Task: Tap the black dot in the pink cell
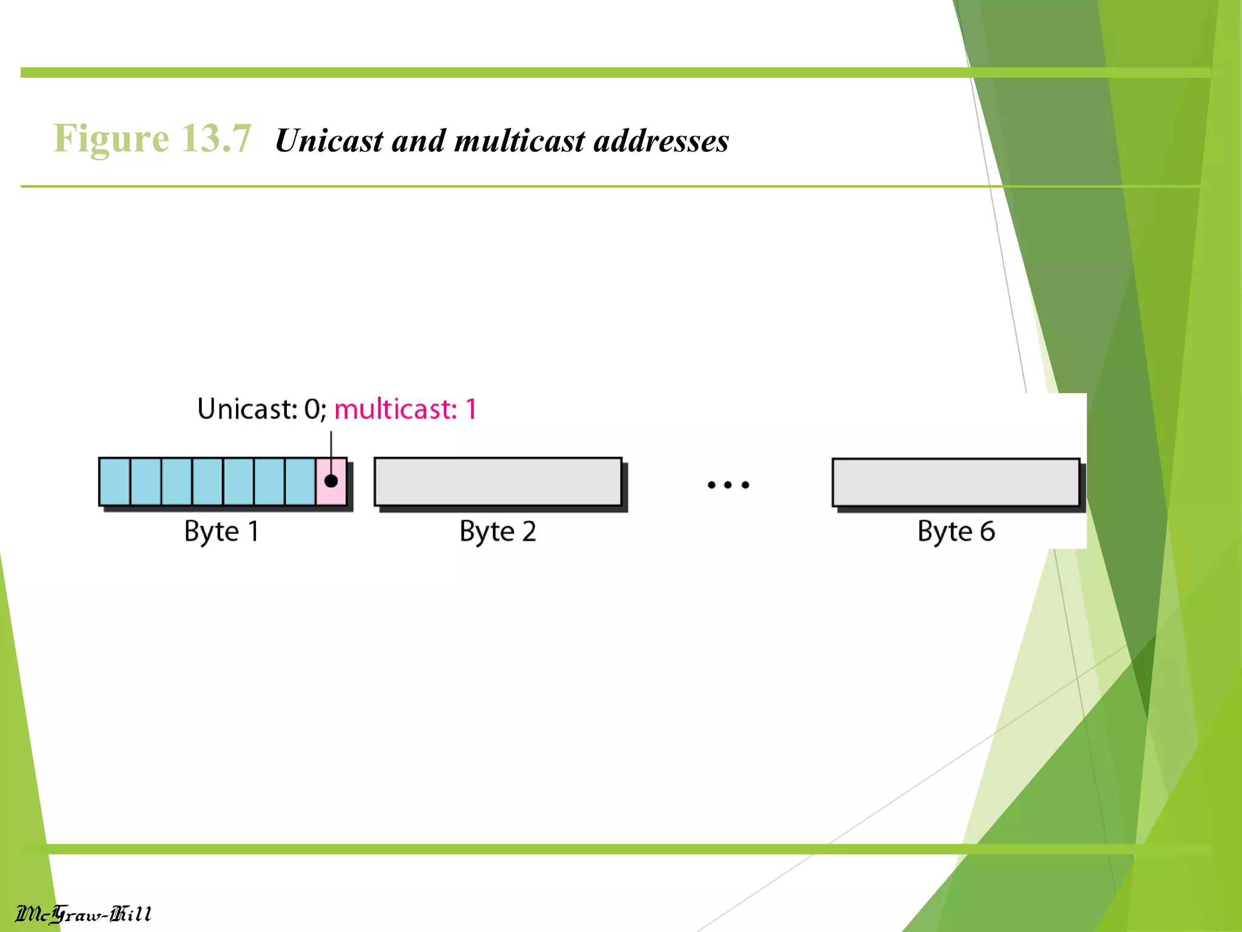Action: click(331, 481)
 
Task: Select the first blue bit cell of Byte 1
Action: click(115, 482)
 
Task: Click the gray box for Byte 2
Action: click(498, 482)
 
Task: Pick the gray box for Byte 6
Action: click(956, 482)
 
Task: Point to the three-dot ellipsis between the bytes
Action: click(728, 485)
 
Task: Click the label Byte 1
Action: click(222, 532)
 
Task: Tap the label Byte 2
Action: click(498, 532)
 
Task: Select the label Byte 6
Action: click(956, 532)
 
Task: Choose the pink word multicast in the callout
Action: click(395, 410)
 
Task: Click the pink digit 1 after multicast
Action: click(471, 410)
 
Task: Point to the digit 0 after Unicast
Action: click(312, 410)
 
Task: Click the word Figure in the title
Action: click(111, 139)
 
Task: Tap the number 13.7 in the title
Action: click(216, 139)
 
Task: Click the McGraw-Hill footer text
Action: click(83, 914)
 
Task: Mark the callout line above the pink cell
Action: click(331, 449)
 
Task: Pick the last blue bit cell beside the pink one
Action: click(300, 482)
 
